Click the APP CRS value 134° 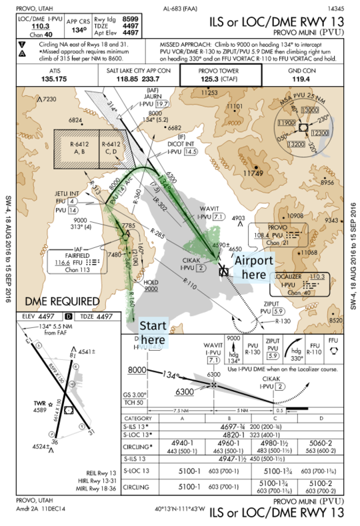click(x=79, y=30)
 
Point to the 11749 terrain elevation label click(x=253, y=173)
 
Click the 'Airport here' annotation click(x=253, y=267)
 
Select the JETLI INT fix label click(x=67, y=194)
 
